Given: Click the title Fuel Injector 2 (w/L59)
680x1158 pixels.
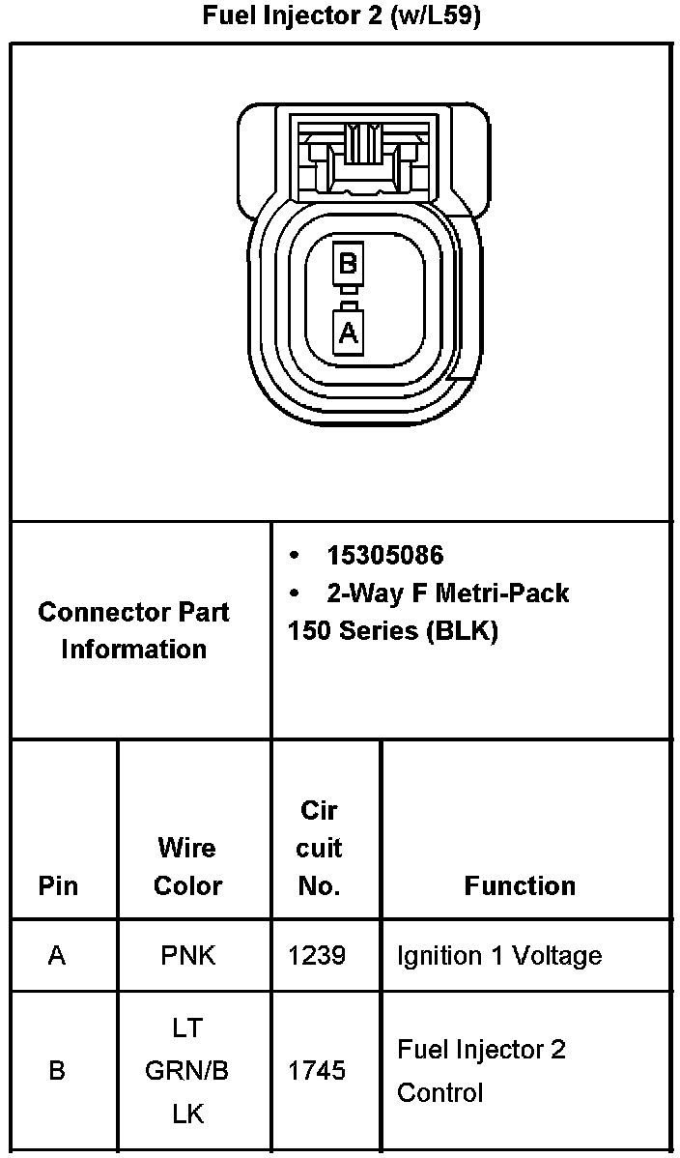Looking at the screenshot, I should (340, 17).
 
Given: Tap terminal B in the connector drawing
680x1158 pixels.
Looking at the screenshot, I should (348, 262).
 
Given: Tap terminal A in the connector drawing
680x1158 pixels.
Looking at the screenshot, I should (348, 333).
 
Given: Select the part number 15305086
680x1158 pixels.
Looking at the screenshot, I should (384, 555).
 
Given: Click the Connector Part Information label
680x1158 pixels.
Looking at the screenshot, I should (134, 630).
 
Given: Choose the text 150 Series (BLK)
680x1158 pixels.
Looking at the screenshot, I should (392, 631).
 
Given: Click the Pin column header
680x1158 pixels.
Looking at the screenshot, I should (58, 885).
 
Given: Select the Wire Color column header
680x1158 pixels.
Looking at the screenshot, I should (187, 866).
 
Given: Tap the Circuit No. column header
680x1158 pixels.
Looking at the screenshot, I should (319, 848).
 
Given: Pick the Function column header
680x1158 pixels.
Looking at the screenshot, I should (520, 885).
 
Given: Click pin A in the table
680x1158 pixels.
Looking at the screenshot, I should (57, 956).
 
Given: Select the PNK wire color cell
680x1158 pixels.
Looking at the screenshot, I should (187, 956).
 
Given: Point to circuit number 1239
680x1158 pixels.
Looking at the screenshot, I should (317, 956).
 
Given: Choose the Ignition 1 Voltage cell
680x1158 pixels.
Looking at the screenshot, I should (498, 956).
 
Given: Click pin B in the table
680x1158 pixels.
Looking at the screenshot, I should (57, 1071).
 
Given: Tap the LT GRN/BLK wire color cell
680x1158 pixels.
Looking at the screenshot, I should (187, 1071).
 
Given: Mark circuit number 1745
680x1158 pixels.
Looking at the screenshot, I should (317, 1071).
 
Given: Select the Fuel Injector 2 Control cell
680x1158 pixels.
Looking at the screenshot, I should (481, 1071).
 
